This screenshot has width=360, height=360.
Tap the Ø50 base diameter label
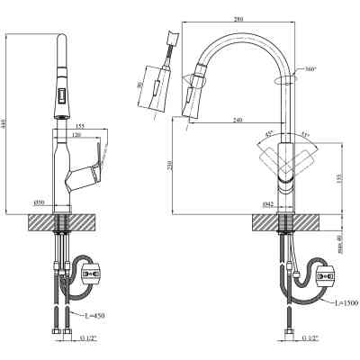point(39,202)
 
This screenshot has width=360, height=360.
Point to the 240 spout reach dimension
point(236,121)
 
